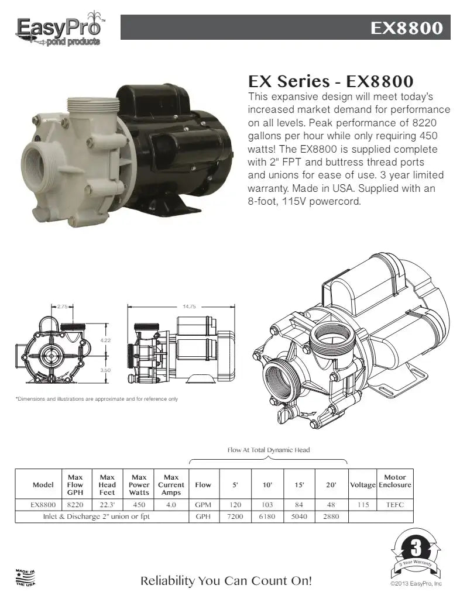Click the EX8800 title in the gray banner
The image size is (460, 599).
click(x=407, y=28)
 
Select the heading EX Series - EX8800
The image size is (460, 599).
click(x=331, y=81)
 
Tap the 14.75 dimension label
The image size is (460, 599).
click(x=189, y=307)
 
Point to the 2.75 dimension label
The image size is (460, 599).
click(x=62, y=307)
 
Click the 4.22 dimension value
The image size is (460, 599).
click(x=105, y=340)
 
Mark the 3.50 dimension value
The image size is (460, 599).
click(x=105, y=370)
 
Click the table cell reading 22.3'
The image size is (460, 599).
click(x=107, y=505)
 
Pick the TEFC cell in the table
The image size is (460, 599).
click(x=395, y=505)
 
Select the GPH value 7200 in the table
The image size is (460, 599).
click(x=235, y=517)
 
